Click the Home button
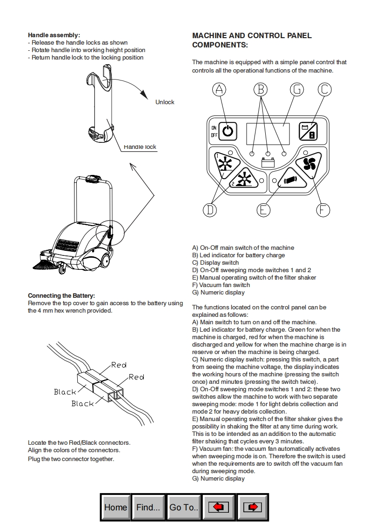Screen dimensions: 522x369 coord(115,507)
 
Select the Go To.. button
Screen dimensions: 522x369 coord(184,507)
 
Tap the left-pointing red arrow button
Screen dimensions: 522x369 coord(219,507)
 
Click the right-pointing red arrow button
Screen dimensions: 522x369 coord(252,507)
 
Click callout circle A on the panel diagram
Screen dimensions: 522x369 coord(220,90)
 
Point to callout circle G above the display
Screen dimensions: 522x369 coord(296,90)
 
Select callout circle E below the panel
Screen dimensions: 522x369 coord(263,210)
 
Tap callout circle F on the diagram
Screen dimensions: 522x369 coord(323,210)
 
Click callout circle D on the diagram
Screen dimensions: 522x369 coord(210,210)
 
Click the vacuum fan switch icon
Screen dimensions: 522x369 coord(309,163)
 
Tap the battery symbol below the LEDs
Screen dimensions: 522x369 coord(268,163)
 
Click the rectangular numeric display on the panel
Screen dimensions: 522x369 coord(268,132)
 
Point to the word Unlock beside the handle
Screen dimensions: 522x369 coord(165,102)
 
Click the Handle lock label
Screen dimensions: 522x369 coord(140,147)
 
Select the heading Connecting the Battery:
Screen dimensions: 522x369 coord(61,296)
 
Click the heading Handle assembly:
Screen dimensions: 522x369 coord(54,35)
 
